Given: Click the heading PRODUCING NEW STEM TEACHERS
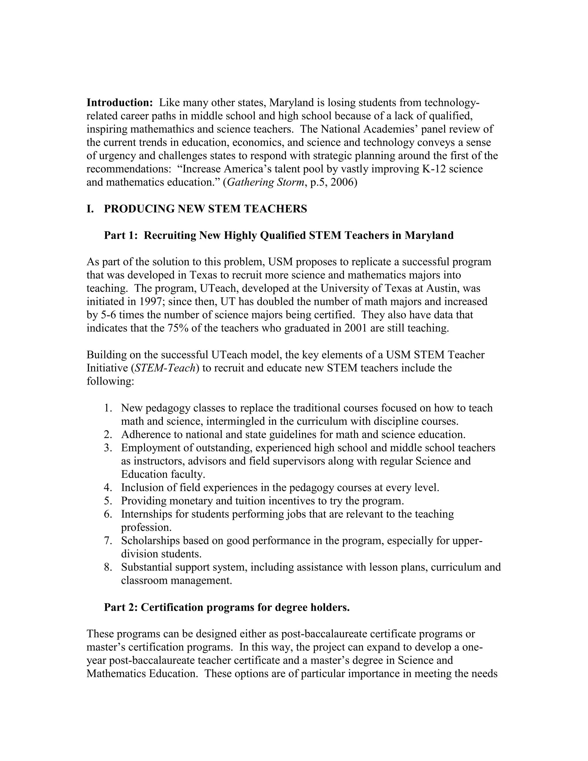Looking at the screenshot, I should coord(205,209).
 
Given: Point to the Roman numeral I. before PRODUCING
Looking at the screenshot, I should coord(90,209).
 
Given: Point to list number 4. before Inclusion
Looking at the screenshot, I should coord(108,488).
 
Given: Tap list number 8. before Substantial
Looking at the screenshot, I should coord(108,567).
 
